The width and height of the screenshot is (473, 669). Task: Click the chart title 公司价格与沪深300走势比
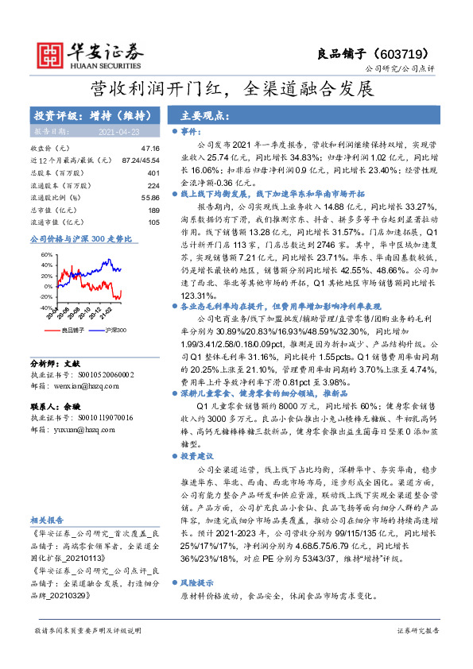click(x=79, y=238)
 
